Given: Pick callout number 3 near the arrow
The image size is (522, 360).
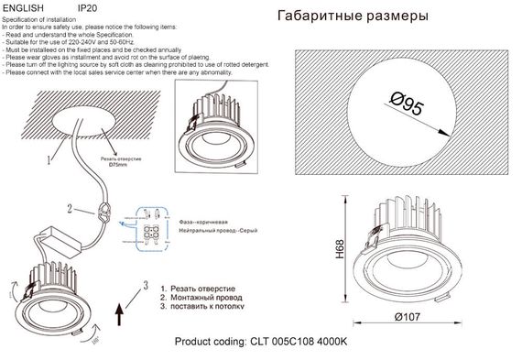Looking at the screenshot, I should click(144, 285).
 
